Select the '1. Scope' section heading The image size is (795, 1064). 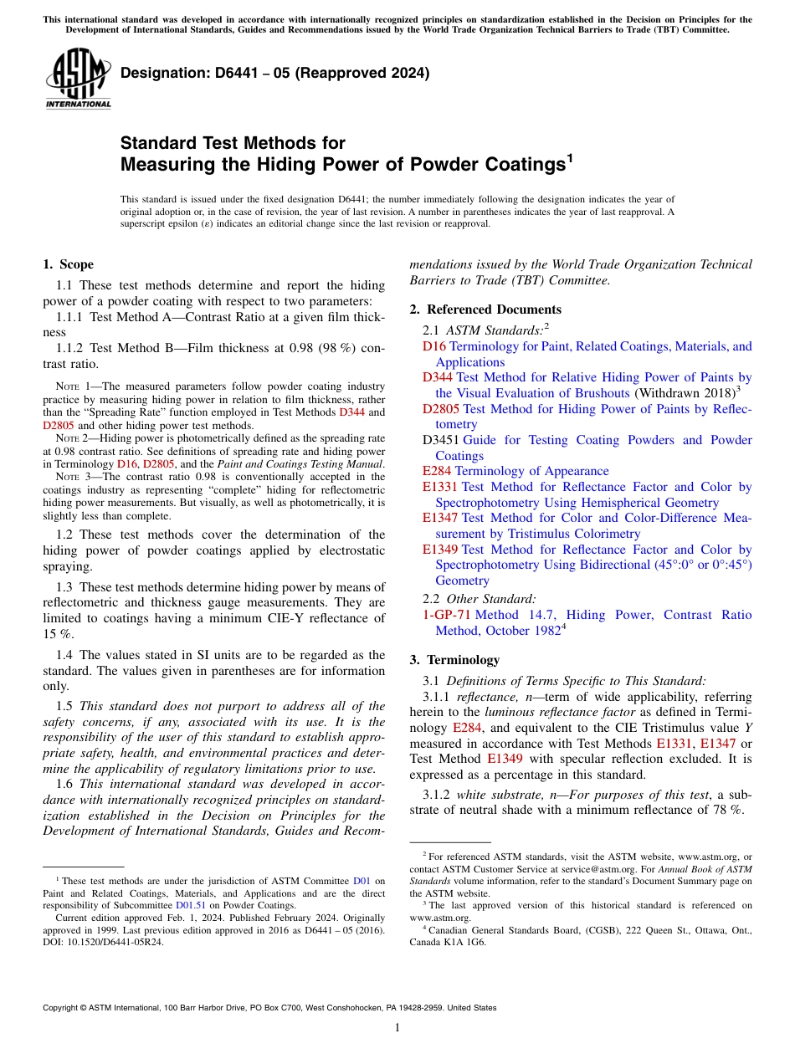(68, 264)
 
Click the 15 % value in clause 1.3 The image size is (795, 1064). (55, 634)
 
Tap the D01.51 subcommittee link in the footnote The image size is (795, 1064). (187, 905)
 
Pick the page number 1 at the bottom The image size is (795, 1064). (397, 1028)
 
